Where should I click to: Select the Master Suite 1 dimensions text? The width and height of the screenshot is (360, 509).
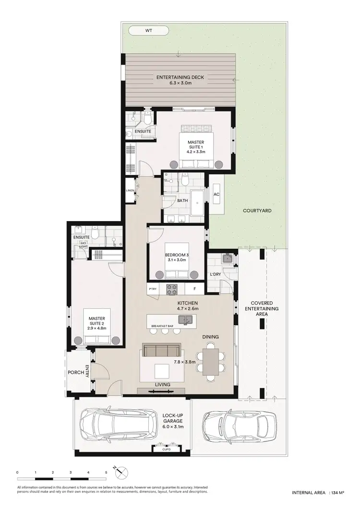[x=196, y=152]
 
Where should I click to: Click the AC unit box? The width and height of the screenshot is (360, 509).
[x=216, y=194]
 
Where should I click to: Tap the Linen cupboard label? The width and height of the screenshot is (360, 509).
[x=130, y=191]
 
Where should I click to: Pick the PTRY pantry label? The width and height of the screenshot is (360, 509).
[x=153, y=289]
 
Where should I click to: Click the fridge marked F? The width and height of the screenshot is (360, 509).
[x=194, y=289]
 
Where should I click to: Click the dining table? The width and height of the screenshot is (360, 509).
[x=212, y=362]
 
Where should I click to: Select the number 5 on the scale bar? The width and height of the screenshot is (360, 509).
[x=106, y=473]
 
